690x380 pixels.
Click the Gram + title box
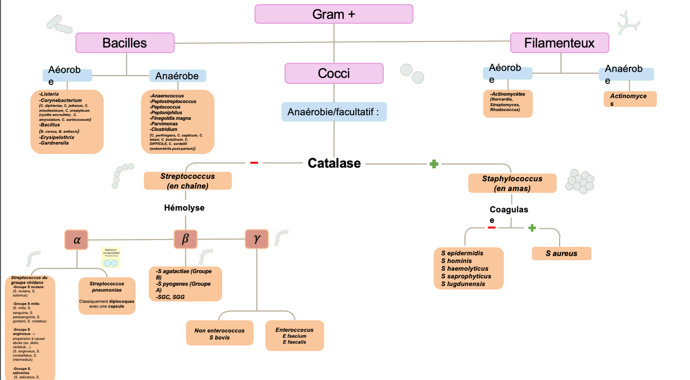click(333, 14)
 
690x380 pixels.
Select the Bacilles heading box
click(125, 43)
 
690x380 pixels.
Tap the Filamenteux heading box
click(559, 43)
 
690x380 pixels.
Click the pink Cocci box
click(334, 73)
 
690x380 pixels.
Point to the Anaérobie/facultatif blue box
click(334, 112)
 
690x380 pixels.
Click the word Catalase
click(334, 163)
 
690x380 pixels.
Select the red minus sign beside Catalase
click(254, 163)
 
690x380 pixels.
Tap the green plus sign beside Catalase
click(433, 164)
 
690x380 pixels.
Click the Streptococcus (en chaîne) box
click(187, 181)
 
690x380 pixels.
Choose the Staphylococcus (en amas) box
click(512, 183)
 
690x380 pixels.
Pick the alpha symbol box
click(76, 240)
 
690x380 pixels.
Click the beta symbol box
click(185, 239)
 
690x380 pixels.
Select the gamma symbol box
click(257, 239)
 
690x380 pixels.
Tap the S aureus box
click(561, 253)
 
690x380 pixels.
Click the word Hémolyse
click(184, 208)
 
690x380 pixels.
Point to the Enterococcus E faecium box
click(294, 336)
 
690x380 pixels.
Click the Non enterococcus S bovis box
click(219, 334)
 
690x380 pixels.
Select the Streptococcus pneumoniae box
click(107, 296)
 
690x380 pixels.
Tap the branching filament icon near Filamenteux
click(628, 23)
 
